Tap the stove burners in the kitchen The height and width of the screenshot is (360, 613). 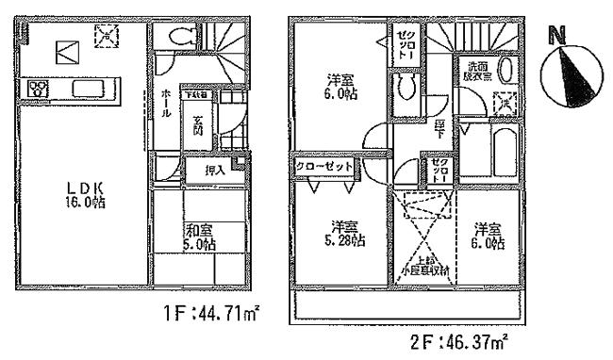pyautogui.click(x=39, y=90)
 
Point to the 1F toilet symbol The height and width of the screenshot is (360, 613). pyautogui.click(x=176, y=37)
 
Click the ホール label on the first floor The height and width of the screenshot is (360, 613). pyautogui.click(x=165, y=102)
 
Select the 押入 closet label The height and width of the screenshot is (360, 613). pyautogui.click(x=214, y=172)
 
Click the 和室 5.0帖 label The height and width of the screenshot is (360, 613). pyautogui.click(x=199, y=235)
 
